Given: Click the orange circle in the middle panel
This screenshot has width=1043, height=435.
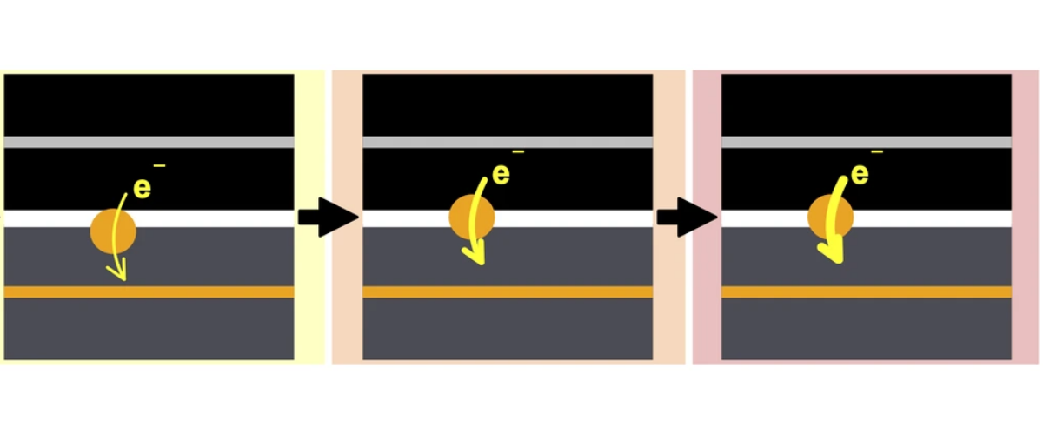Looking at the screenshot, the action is click(x=472, y=217).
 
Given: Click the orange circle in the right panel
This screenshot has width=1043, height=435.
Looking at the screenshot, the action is click(x=831, y=217).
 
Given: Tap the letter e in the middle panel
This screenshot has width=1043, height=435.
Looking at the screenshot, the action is click(x=501, y=174).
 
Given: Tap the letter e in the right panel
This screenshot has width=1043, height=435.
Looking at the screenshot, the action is click(x=860, y=174).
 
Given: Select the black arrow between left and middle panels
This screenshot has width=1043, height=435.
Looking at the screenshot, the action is click(x=326, y=217).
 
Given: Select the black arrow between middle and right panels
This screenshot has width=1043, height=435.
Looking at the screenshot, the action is click(x=686, y=217).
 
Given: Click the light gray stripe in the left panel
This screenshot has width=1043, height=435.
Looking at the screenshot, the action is click(x=149, y=142).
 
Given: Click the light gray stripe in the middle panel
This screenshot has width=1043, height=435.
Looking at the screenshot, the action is click(x=508, y=142).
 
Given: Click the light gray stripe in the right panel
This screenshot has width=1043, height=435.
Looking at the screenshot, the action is click(x=867, y=142).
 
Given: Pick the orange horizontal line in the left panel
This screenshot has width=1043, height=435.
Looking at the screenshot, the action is click(x=149, y=292).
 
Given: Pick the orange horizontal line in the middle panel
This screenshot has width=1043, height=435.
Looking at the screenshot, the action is click(x=508, y=292).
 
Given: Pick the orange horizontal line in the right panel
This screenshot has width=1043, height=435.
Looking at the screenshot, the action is click(x=867, y=292).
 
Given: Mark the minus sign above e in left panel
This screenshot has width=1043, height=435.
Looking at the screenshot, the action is click(x=159, y=165).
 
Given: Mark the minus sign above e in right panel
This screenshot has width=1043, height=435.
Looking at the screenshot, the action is click(x=877, y=152).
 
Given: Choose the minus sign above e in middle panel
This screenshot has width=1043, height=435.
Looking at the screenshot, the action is click(x=518, y=152).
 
